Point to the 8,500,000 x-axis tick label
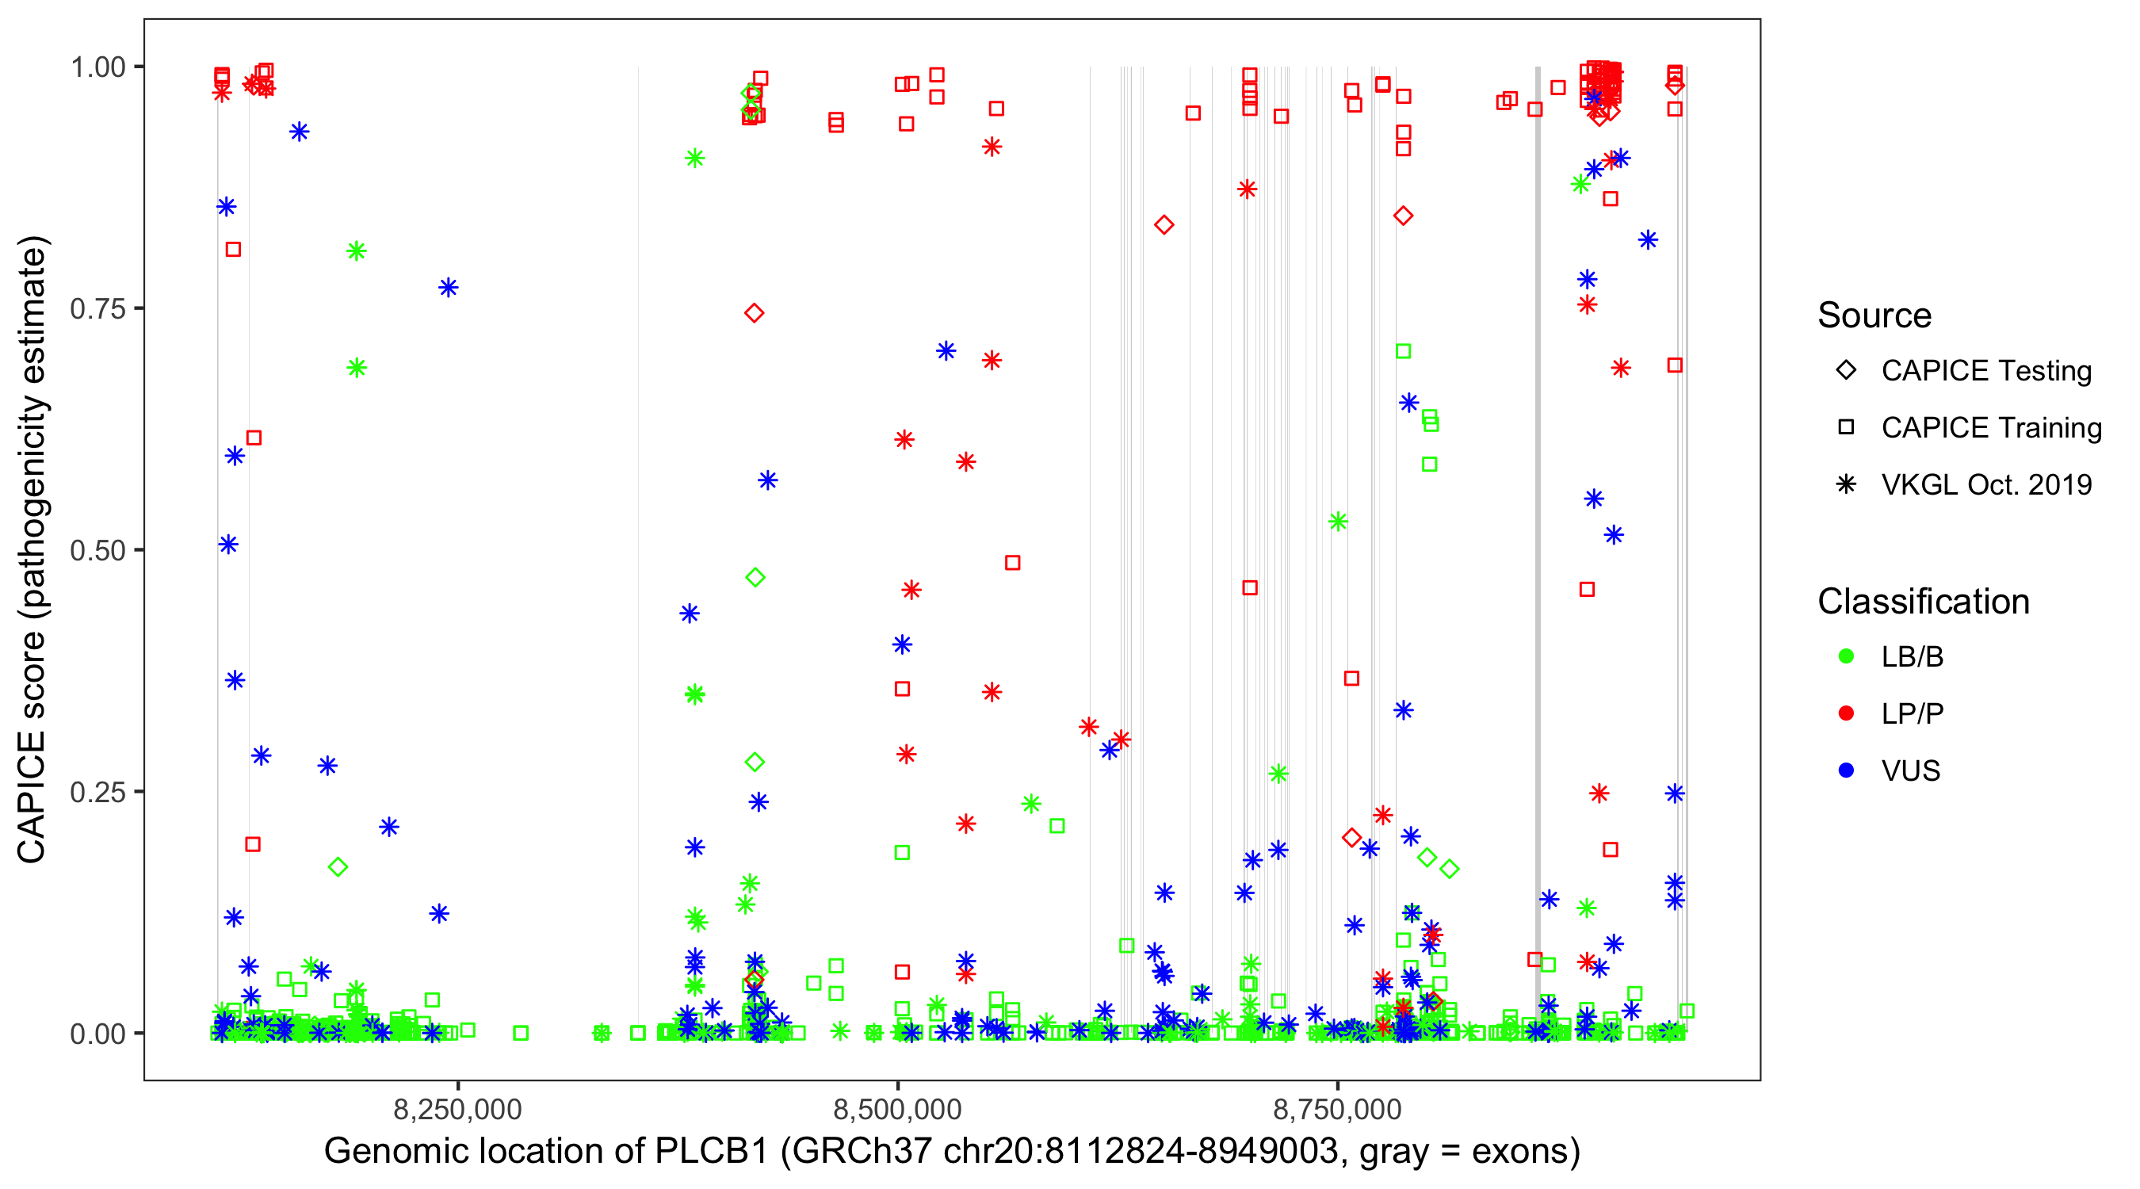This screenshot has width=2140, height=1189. [x=897, y=1110]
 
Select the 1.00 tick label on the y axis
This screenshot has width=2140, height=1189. [x=97, y=67]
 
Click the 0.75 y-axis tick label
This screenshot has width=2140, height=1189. [x=97, y=309]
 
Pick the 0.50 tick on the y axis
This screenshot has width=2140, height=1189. [x=97, y=551]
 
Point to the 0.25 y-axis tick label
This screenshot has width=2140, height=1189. [x=97, y=792]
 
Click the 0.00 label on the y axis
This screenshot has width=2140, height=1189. [x=97, y=1034]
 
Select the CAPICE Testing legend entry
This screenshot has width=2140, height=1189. [x=1985, y=371]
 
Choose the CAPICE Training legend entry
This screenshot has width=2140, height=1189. [x=1990, y=428]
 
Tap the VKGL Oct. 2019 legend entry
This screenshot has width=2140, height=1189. [x=1985, y=485]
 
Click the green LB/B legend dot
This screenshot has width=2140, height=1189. [x=1846, y=656]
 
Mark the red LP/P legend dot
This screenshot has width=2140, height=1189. [x=1846, y=713]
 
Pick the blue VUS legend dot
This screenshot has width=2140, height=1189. [x=1846, y=771]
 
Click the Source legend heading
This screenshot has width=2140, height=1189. [x=1874, y=315]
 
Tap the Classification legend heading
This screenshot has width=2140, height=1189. [x=1923, y=602]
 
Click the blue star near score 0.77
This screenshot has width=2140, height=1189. [x=449, y=289]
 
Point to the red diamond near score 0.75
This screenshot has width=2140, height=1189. [x=755, y=313]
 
